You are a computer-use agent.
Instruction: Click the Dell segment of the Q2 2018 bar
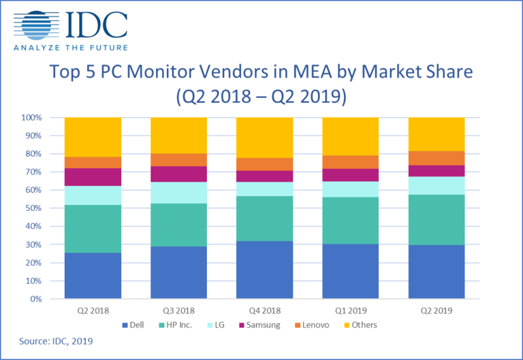[93, 276]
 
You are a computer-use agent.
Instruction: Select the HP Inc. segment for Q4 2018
[264, 218]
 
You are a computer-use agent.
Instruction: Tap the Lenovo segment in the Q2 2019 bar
[436, 158]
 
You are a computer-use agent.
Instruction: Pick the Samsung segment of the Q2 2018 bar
[93, 177]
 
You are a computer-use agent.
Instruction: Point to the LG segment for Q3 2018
[178, 193]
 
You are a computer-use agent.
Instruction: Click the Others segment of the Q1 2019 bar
[350, 136]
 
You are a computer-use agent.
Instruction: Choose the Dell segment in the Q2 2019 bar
[436, 272]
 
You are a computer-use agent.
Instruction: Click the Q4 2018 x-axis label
[264, 310]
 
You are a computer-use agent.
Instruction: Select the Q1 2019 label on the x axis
[350, 310]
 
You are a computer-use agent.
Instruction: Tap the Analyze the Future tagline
[71, 47]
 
